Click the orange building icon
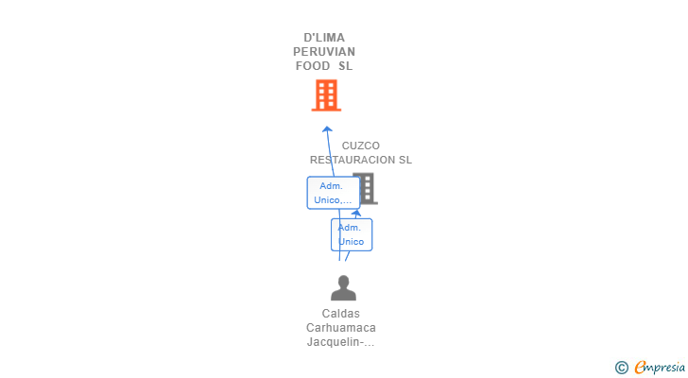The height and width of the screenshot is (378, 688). [326, 95]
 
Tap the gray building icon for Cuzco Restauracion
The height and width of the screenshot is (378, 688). [368, 189]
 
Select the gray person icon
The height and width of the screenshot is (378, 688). [343, 287]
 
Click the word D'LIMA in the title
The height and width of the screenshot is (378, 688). [324, 38]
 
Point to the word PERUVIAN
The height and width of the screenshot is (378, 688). [324, 52]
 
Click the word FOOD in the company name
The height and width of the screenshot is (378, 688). [313, 66]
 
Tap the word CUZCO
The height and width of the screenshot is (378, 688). [361, 146]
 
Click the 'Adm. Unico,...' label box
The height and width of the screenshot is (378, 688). [334, 193]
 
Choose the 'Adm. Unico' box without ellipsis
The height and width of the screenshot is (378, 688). [352, 234]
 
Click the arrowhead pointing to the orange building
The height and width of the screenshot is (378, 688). [327, 129]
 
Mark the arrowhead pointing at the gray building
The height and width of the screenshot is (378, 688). [356, 214]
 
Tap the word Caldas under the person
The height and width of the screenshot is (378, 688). [341, 314]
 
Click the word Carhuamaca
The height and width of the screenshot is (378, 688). [341, 328]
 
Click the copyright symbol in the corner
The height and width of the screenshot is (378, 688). [622, 368]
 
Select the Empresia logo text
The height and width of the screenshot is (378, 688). [660, 367]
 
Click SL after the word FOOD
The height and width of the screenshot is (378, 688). [345, 66]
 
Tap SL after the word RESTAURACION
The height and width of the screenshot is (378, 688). [405, 160]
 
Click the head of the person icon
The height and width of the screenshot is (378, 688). [344, 281]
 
